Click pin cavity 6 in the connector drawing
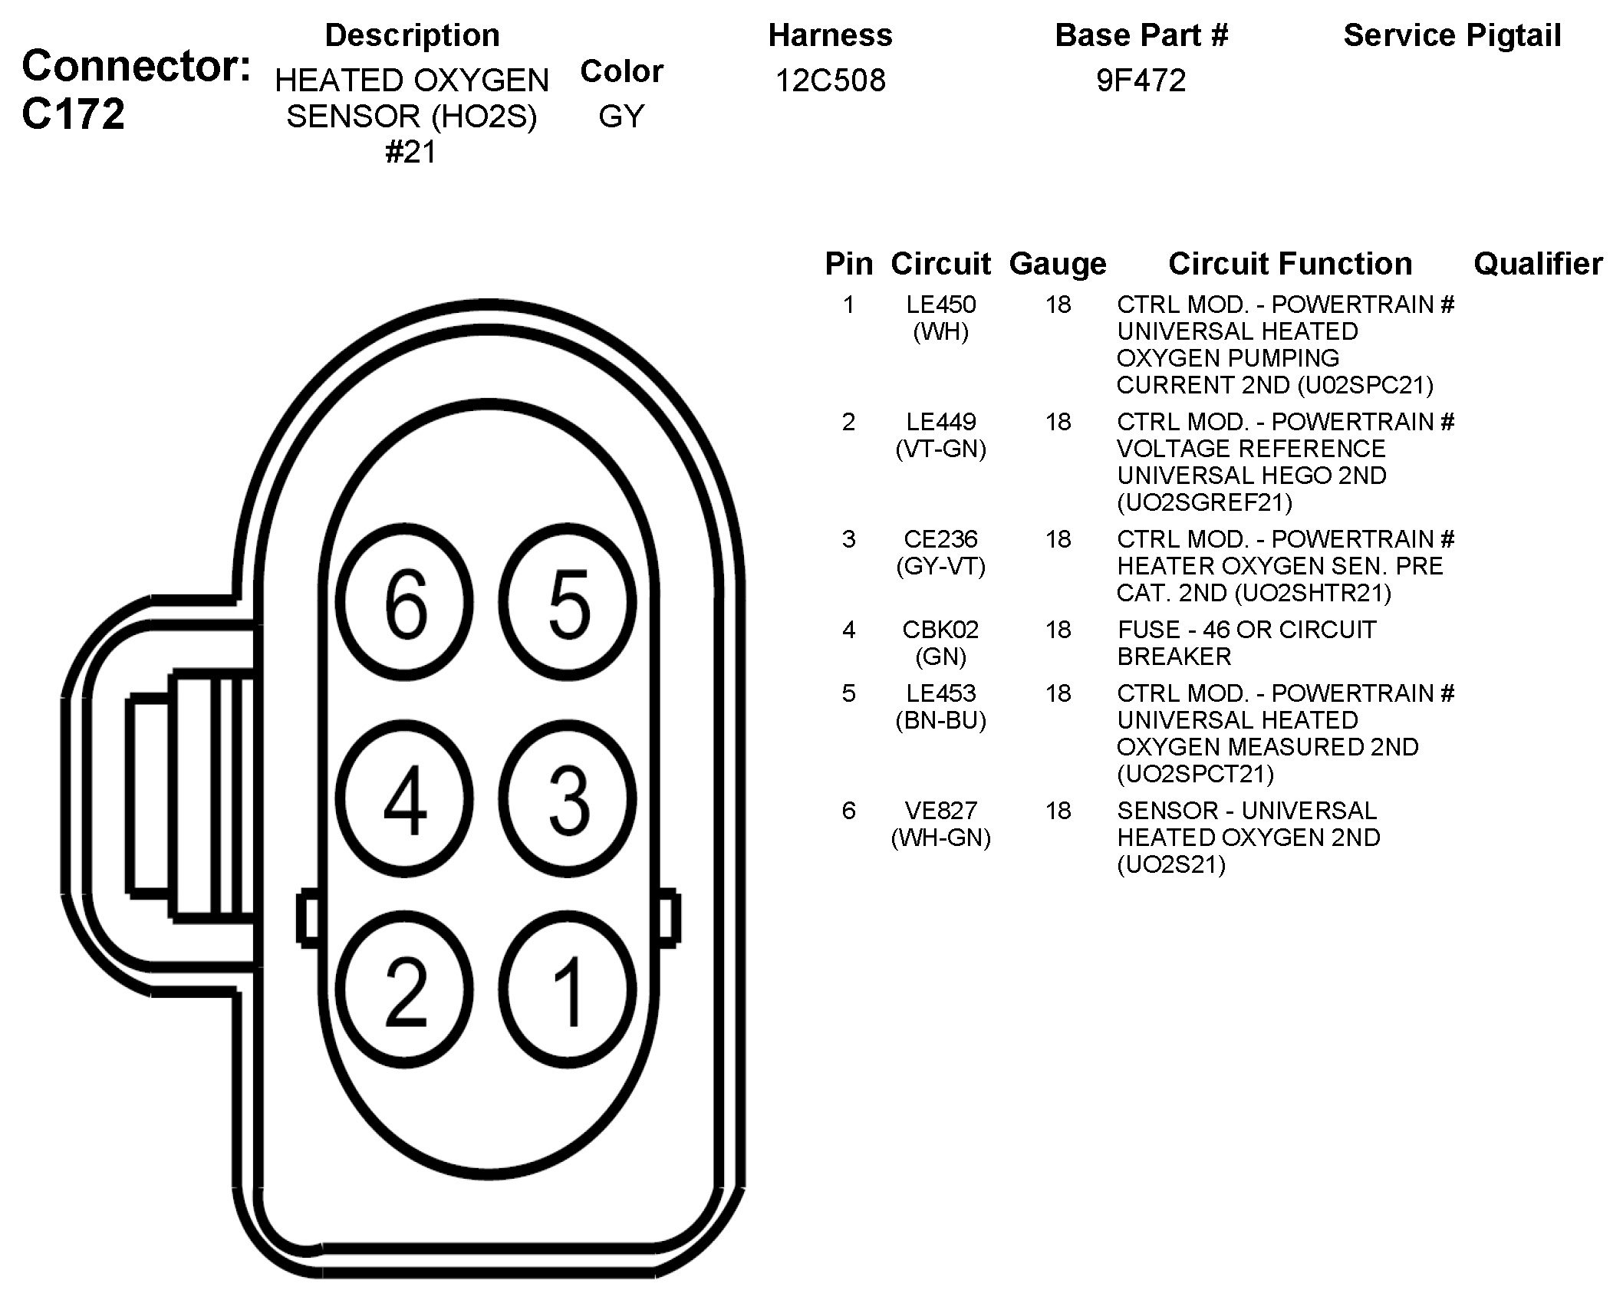point(405,603)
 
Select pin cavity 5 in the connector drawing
point(568,603)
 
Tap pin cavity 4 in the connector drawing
point(405,798)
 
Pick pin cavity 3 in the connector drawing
point(568,798)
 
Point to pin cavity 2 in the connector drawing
point(405,989)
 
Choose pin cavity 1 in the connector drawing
point(568,989)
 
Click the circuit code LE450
point(940,304)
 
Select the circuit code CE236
point(940,539)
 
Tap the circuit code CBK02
point(940,630)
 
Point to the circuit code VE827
point(940,811)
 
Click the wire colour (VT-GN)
point(940,449)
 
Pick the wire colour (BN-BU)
point(940,720)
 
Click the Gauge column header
point(1058,264)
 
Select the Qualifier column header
point(1537,264)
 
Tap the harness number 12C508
point(830,80)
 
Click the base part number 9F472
point(1141,80)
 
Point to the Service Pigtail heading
point(1452,35)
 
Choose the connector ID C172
point(74,114)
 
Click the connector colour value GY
point(621,116)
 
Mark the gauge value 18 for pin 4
point(1058,630)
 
